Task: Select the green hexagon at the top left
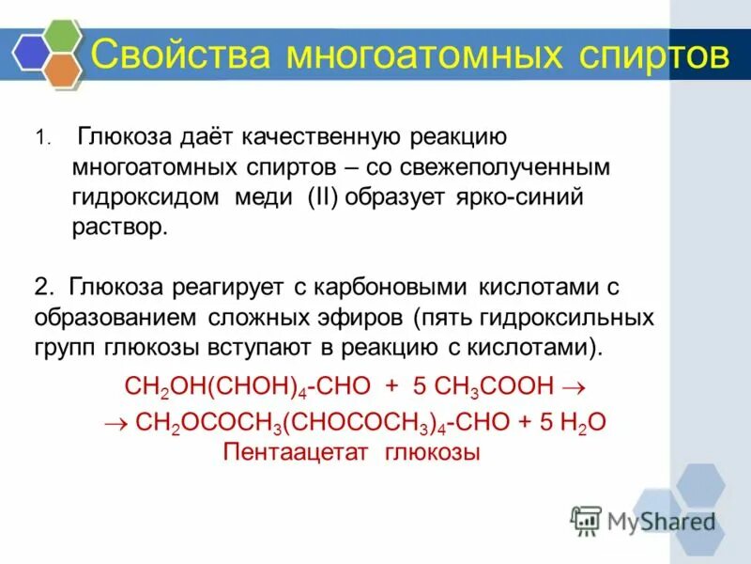point(62,36)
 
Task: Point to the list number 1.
point(40,139)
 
